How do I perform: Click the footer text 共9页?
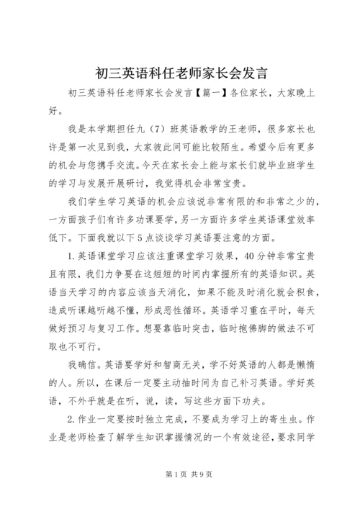click(x=193, y=495)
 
